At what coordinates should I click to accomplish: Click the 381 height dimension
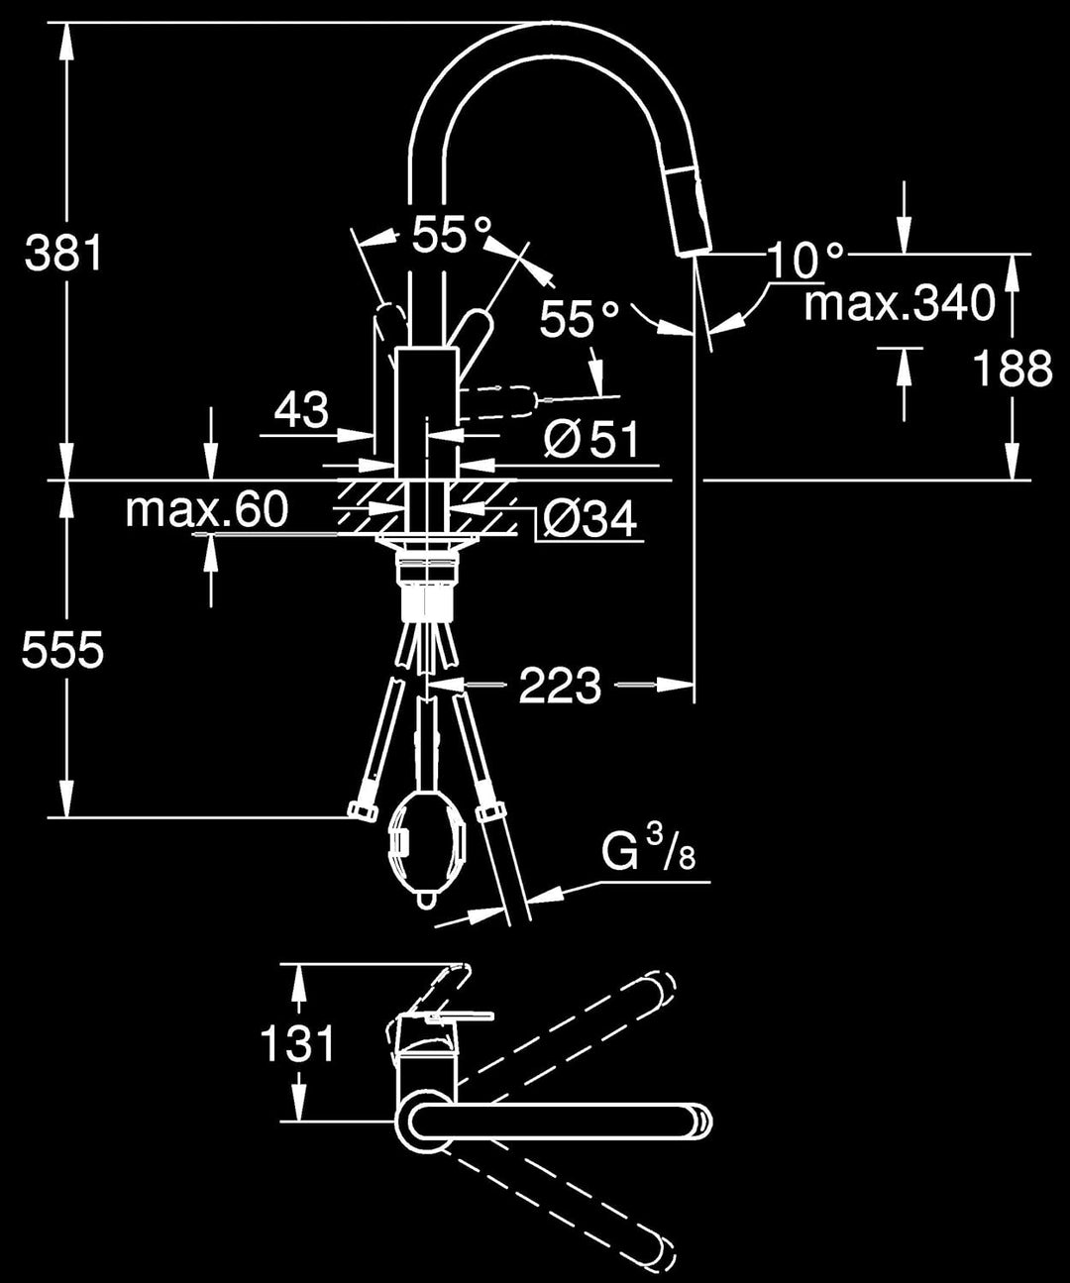(x=63, y=255)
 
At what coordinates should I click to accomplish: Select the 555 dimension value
(x=63, y=651)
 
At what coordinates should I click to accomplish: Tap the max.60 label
(x=207, y=509)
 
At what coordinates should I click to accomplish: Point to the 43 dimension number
(x=301, y=409)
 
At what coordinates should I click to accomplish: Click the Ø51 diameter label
(x=591, y=439)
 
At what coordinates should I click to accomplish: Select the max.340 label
(x=899, y=303)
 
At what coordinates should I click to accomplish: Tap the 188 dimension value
(x=1011, y=369)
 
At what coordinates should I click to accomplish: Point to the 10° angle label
(x=805, y=260)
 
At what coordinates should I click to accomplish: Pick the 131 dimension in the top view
(x=298, y=1043)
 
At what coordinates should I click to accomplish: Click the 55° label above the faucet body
(x=452, y=236)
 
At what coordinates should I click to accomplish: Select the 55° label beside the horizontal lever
(x=579, y=319)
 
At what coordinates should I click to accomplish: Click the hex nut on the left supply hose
(x=363, y=811)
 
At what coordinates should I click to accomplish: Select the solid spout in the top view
(x=555, y=1122)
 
